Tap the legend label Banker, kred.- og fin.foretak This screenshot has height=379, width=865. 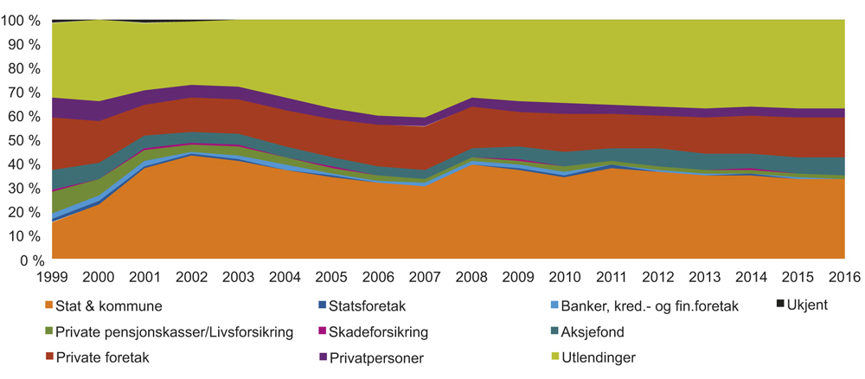650,306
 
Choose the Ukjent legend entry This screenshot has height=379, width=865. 808,305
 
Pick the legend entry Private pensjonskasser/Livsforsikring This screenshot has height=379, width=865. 173,331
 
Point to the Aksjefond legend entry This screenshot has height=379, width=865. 598,331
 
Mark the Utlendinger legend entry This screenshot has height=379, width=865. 602,357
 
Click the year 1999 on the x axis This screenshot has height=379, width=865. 54,278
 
